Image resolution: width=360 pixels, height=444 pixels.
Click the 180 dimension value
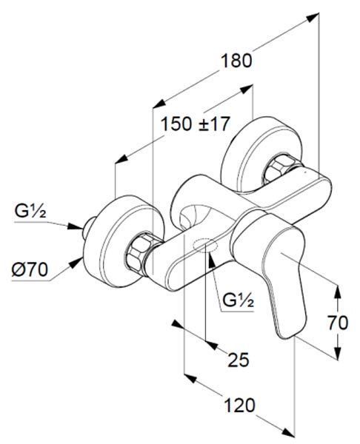click(x=236, y=61)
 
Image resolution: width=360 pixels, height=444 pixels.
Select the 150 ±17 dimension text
click(x=195, y=124)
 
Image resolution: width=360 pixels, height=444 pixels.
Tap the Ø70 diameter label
click(x=30, y=269)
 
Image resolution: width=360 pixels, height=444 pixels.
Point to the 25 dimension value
click(x=239, y=360)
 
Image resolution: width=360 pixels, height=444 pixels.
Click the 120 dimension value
click(x=239, y=406)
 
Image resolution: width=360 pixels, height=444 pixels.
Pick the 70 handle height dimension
click(x=338, y=323)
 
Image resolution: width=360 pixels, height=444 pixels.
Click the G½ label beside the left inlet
click(x=30, y=211)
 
